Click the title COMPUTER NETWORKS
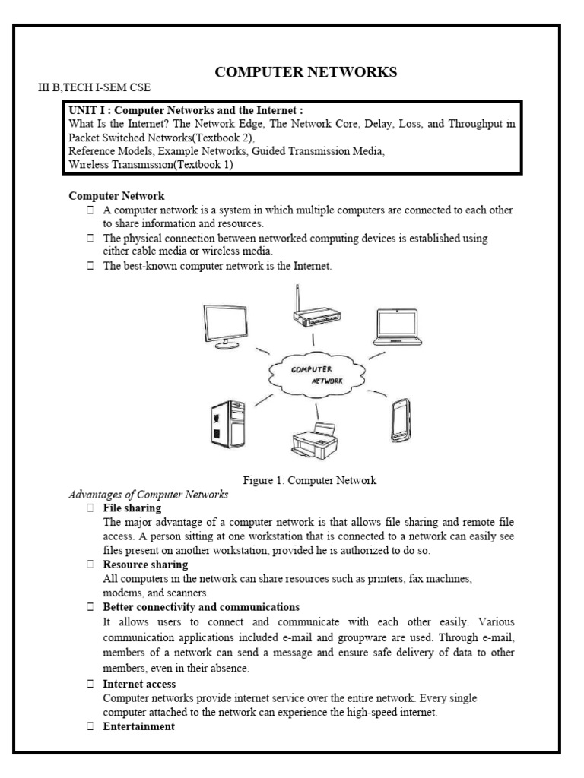click(x=306, y=72)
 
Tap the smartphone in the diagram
click(x=401, y=418)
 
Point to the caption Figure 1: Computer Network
click(x=310, y=480)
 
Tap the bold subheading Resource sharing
click(x=145, y=565)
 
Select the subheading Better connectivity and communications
click(x=201, y=607)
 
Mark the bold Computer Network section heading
click(x=116, y=196)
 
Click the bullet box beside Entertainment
click(x=90, y=726)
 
